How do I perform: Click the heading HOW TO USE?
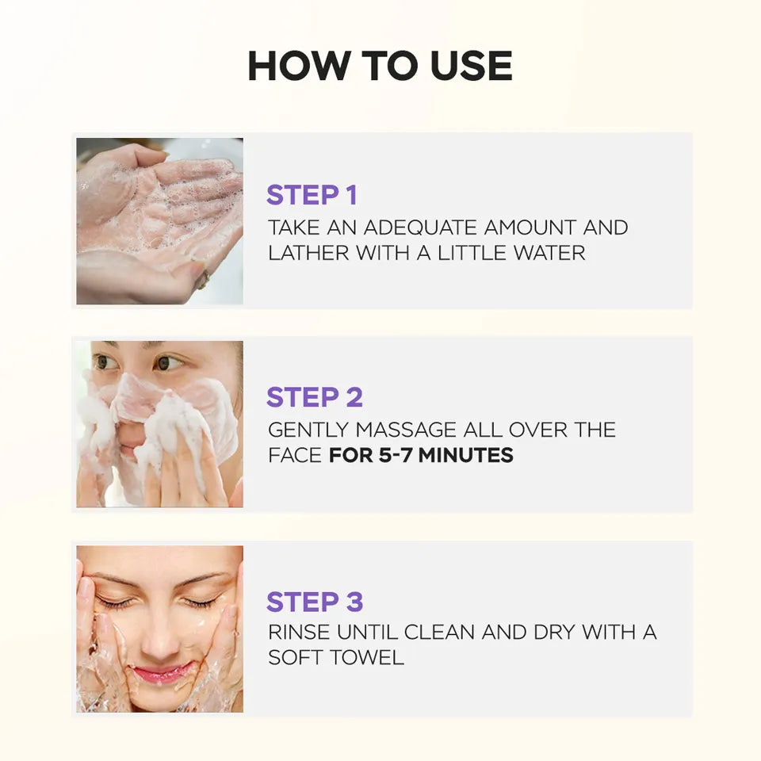380,66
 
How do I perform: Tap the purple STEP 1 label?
312,195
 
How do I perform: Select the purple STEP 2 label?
315,397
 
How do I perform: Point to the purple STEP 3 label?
315,602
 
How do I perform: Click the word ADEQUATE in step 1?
420,228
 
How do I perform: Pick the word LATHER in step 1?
308,253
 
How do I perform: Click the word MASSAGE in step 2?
406,430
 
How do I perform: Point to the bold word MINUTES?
466,455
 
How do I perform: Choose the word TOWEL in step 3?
366,658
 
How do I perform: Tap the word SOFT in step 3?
296,658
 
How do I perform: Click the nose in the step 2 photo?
132,428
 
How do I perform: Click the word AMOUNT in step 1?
530,228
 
